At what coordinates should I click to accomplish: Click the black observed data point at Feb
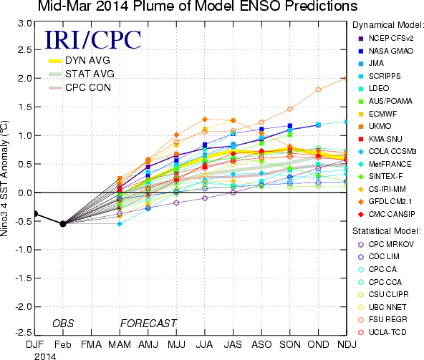pyautogui.click(x=63, y=224)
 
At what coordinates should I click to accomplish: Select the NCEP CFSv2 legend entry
pyautogui.click(x=386, y=39)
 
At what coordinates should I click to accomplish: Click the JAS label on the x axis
pyautogui.click(x=233, y=344)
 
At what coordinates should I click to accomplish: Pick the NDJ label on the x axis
pyautogui.click(x=347, y=344)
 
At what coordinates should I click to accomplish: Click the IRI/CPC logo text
pyautogui.click(x=93, y=40)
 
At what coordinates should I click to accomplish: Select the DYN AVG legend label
pyautogui.click(x=87, y=60)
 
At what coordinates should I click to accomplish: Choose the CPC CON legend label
pyautogui.click(x=88, y=87)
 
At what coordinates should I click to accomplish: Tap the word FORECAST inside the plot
pyautogui.click(x=148, y=323)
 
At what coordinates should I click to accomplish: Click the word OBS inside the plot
pyautogui.click(x=63, y=323)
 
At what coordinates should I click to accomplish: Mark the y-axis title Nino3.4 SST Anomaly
pyautogui.click(x=4, y=178)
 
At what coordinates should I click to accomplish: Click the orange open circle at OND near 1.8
pyautogui.click(x=318, y=89)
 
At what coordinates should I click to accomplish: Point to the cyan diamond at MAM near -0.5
pyautogui.click(x=120, y=224)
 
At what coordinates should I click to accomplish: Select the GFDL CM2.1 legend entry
pyautogui.click(x=385, y=202)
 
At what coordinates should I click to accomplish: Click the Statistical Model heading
pyautogui.click(x=387, y=231)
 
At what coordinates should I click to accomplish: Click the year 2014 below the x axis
pyautogui.click(x=45, y=356)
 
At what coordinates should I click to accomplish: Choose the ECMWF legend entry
pyautogui.click(x=377, y=114)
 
